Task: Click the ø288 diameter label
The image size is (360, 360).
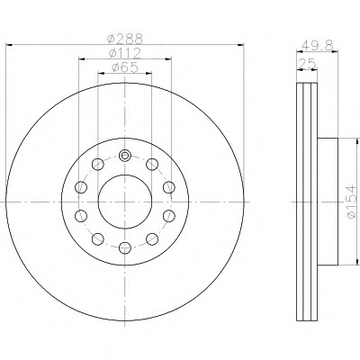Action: click(125, 39)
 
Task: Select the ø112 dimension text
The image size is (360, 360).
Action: click(125, 53)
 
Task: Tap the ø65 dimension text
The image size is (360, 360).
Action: click(125, 67)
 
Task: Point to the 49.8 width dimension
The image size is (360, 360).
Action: click(318, 46)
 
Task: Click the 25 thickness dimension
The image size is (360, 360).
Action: click(307, 64)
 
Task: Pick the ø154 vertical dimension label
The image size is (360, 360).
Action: click(351, 202)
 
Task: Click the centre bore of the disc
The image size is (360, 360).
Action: click(125, 202)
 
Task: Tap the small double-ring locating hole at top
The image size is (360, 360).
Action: click(125, 156)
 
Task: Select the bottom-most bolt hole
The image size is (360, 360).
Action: click(125, 247)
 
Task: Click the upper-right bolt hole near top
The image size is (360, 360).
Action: click(152, 165)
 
